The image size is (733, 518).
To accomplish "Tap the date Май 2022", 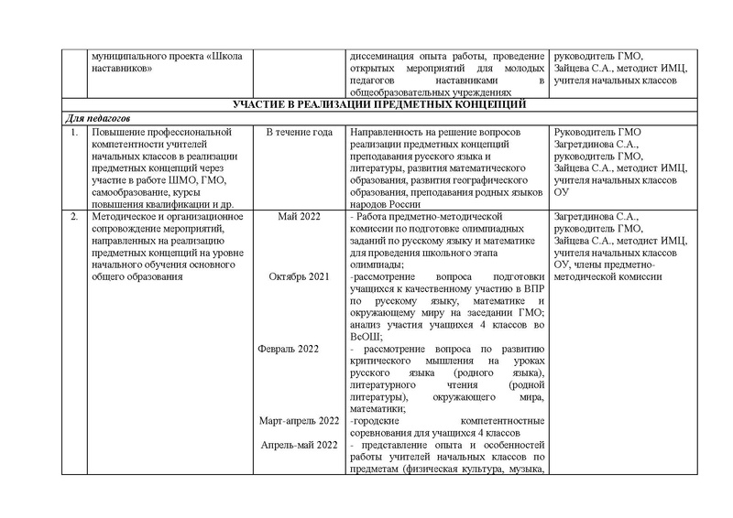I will [x=299, y=216].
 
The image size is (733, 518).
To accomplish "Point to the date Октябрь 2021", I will [x=299, y=276].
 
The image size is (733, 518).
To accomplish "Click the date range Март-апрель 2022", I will [x=299, y=420].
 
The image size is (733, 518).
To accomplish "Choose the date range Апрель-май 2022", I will [x=299, y=444].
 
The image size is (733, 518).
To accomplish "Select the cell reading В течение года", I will [x=299, y=133].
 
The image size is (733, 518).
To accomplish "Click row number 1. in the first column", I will [x=70, y=133].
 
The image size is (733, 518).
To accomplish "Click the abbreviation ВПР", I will [x=534, y=287].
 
